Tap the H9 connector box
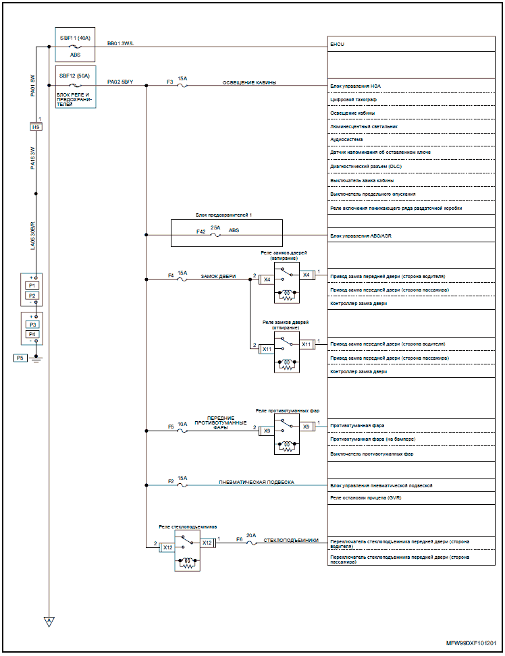36,127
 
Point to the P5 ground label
20,357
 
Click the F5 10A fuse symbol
182,429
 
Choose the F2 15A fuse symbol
182,484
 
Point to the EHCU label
337,45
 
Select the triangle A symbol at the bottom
49,621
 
